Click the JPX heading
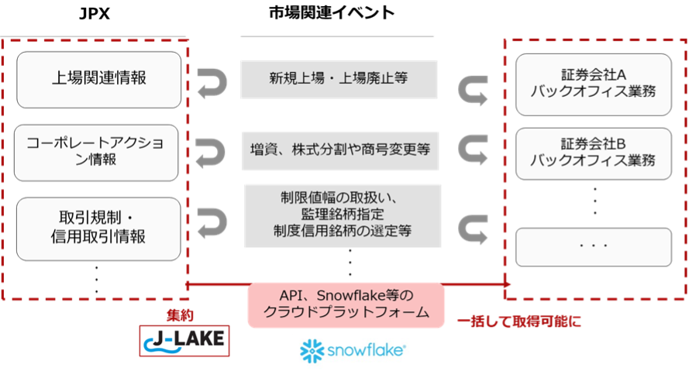tap(94, 14)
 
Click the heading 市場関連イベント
tap(332, 12)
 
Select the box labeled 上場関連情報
tap(99, 80)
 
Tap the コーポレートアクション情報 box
tap(96, 153)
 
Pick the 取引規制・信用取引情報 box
tap(98, 228)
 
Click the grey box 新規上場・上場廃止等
tap(339, 80)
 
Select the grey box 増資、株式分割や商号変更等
tap(340, 150)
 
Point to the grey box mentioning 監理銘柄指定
tap(343, 215)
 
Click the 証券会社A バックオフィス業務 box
tap(594, 84)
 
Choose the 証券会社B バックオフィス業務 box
tap(594, 153)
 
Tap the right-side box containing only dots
tap(594, 247)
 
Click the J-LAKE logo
tap(184, 341)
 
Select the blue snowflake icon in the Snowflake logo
tap(312, 351)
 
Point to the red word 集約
tap(180, 314)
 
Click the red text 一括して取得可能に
tap(519, 321)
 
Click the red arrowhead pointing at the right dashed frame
tap(507, 284)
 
